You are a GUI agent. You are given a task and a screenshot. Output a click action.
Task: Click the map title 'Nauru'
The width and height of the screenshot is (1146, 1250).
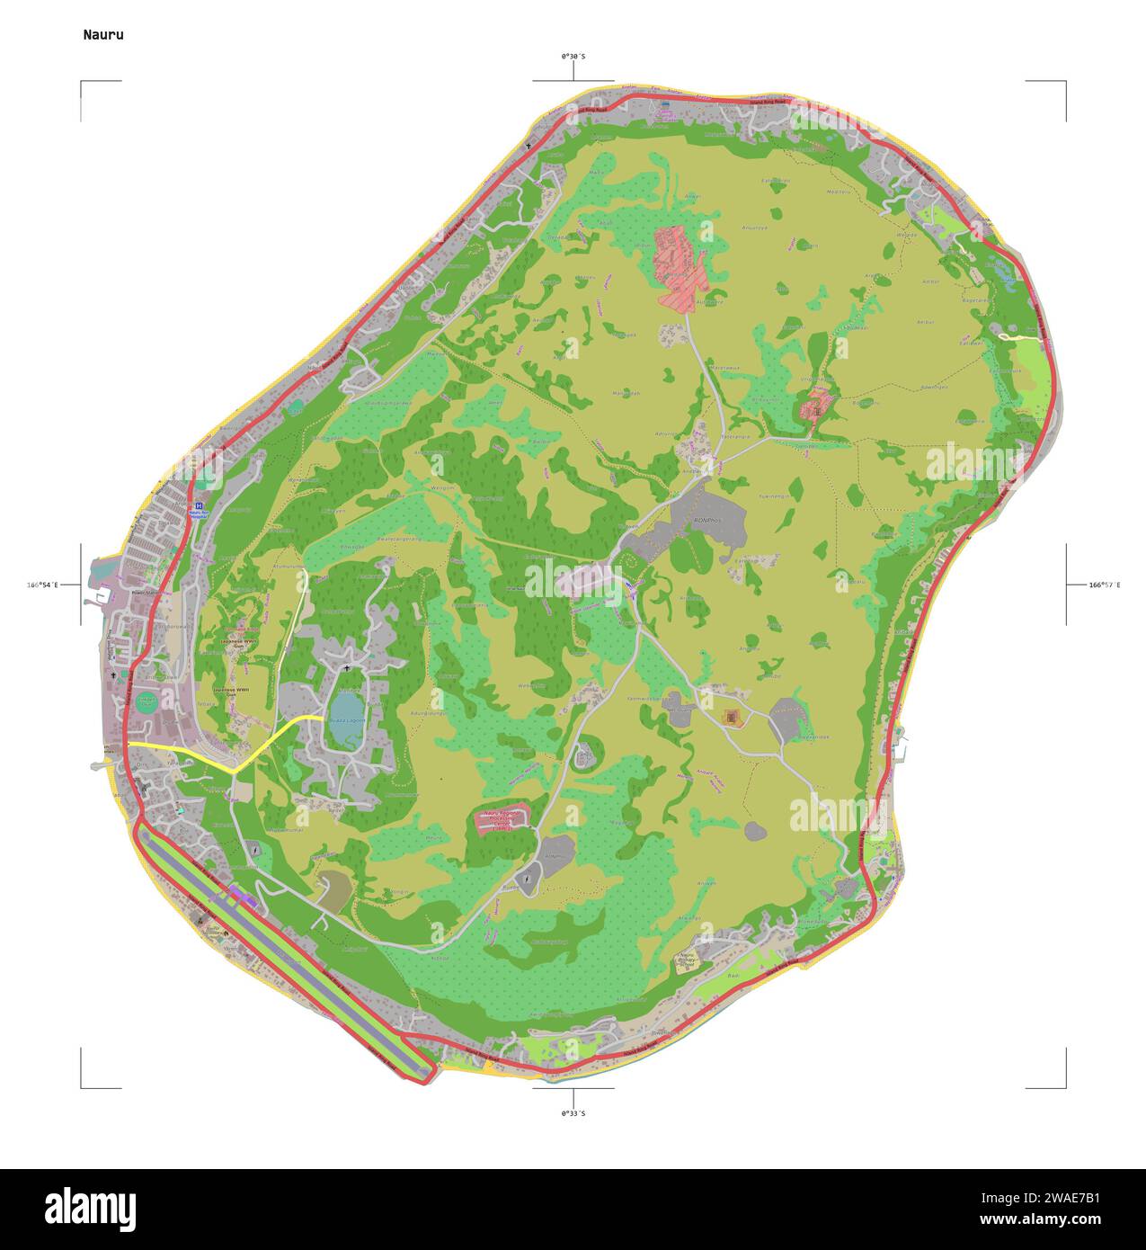103,35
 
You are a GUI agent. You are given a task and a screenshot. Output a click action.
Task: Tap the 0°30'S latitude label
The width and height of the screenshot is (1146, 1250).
573,57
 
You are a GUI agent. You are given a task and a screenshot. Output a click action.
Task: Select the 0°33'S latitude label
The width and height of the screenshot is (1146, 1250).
573,1113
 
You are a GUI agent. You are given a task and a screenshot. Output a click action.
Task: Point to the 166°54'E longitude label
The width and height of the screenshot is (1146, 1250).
42,585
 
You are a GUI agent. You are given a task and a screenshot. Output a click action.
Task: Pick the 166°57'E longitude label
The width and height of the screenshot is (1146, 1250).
1105,585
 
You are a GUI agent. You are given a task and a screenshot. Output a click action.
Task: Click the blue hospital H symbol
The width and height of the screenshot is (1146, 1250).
199,506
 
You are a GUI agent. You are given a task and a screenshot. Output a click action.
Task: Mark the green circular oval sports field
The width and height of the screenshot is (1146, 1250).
147,701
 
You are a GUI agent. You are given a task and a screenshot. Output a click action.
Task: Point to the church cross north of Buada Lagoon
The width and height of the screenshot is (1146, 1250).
347,669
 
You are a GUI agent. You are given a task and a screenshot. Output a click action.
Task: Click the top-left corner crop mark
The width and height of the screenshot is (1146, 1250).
82,82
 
